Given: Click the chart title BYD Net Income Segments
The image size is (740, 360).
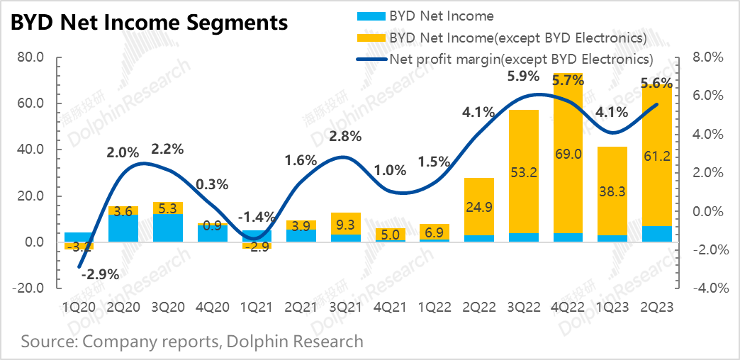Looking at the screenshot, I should tap(149, 23).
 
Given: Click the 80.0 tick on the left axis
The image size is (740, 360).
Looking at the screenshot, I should tap(30, 57).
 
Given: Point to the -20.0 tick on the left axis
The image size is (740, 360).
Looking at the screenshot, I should tap(29, 288).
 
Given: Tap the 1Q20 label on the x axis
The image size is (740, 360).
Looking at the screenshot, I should tap(79, 308).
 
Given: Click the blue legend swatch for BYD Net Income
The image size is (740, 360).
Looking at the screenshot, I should tap(369, 15).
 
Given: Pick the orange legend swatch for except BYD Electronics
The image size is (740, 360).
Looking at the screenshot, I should tap(369, 37).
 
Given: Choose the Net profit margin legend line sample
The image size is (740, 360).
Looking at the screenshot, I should tap(369, 58).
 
